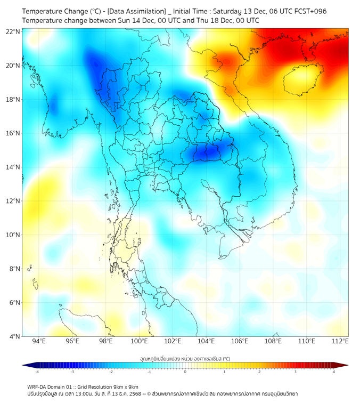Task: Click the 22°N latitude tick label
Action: pyautogui.click(x=13, y=31)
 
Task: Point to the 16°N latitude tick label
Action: pyautogui.click(x=13, y=133)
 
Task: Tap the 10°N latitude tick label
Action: pyautogui.click(x=13, y=235)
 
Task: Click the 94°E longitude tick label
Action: pyautogui.click(x=39, y=341)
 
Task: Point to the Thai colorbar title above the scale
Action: pyautogui.click(x=185, y=359)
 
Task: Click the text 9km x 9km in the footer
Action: pyautogui.click(x=124, y=387)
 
